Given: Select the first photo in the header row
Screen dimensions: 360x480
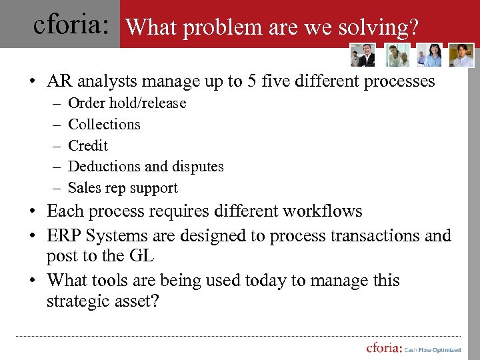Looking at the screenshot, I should [363, 55].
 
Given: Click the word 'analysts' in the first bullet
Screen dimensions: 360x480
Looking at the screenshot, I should [108, 81].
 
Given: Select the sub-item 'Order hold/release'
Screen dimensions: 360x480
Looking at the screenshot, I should [127, 103].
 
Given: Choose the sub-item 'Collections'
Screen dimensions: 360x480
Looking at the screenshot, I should [104, 124].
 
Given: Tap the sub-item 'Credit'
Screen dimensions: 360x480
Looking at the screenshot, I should [88, 145].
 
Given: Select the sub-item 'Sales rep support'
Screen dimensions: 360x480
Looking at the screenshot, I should [123, 187].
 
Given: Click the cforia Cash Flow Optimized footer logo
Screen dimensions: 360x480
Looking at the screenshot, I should [413, 347].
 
